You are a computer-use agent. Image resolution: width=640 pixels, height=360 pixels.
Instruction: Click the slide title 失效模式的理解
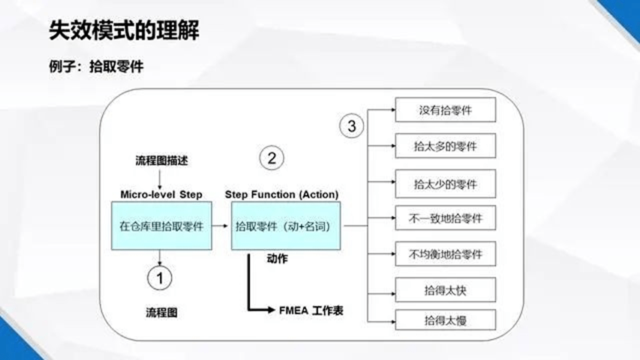point(124,30)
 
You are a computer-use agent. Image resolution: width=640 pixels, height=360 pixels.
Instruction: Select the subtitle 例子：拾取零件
point(96,66)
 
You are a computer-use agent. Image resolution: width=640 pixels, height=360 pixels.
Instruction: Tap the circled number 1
point(160,278)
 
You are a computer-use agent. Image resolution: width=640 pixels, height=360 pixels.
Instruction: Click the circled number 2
point(272,158)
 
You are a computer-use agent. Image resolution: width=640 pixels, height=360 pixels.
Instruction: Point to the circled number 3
point(351,126)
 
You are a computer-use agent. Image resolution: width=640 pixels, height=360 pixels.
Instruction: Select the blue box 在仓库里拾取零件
point(161,226)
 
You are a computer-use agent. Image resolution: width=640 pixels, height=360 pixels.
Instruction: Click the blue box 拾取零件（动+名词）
point(286,226)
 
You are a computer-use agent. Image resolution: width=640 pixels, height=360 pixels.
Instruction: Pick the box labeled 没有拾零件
point(446,109)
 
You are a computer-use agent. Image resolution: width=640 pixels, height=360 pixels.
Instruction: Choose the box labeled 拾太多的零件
point(446,145)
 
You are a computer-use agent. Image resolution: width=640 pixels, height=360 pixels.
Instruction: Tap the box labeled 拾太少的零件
point(446,184)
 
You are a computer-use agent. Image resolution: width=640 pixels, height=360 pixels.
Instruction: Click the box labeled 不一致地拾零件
point(446,218)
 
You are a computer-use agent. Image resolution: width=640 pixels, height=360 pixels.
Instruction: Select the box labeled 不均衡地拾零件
point(446,254)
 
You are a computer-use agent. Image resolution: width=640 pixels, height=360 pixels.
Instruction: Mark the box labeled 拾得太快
point(446,289)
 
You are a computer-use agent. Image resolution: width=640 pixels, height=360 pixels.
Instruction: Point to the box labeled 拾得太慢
point(446,319)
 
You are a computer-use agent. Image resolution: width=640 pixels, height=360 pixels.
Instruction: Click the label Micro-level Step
point(161,194)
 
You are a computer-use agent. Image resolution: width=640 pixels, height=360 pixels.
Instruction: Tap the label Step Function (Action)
point(281,194)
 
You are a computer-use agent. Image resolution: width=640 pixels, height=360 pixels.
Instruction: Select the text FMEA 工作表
point(311,310)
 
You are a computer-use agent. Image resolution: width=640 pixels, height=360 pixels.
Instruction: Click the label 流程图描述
point(161,160)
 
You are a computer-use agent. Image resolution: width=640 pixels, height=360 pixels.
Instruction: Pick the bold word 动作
point(277,258)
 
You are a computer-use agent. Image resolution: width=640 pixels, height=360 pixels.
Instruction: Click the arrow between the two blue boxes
point(220,226)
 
